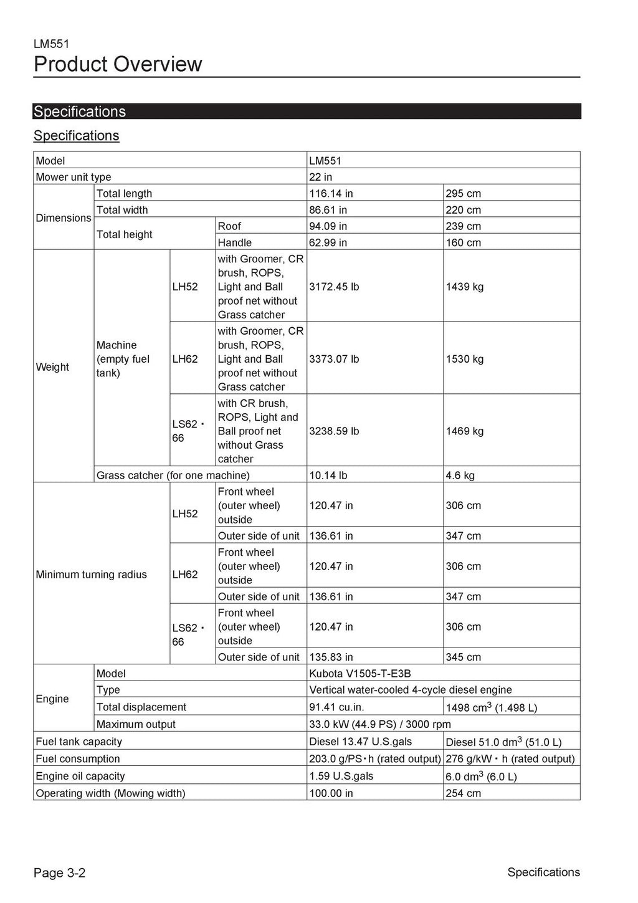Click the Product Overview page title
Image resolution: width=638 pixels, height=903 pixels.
coord(118,64)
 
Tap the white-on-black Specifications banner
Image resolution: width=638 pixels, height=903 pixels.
coord(80,112)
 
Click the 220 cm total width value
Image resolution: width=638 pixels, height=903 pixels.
coord(463,210)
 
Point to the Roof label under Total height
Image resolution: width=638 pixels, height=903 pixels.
coord(229,226)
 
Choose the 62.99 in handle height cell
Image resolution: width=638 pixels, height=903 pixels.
coord(328,242)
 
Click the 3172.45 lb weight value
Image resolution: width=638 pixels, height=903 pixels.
coord(334,287)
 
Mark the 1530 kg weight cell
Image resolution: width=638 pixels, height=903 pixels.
coord(464,359)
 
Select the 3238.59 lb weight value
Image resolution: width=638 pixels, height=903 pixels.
coord(334,431)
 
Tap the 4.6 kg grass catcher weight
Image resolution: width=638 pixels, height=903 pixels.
coord(460,475)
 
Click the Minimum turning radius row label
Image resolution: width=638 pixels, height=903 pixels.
coord(92,574)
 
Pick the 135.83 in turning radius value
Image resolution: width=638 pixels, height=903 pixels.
coord(331,657)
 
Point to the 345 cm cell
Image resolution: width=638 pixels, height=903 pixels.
coord(463,657)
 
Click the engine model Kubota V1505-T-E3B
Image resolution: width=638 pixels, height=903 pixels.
coord(359,674)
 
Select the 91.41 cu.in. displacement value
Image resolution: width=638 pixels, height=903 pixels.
coord(336,707)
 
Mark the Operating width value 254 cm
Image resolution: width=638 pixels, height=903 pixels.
coord(463,793)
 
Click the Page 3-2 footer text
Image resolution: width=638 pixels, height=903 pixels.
coord(59,872)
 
